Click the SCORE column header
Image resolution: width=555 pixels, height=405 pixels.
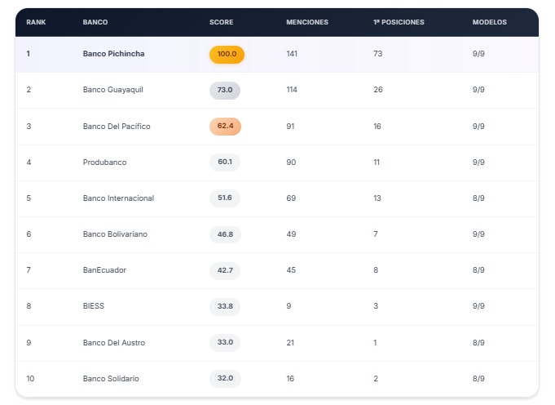pyautogui.click(x=221, y=22)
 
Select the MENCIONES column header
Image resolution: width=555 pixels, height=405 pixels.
pyautogui.click(x=307, y=22)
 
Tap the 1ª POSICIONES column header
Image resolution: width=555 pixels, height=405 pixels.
pyautogui.click(x=399, y=22)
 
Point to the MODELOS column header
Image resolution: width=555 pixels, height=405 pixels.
pyautogui.click(x=490, y=22)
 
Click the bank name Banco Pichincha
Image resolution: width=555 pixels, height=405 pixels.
pyautogui.click(x=115, y=54)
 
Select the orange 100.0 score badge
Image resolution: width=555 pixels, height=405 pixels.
pyautogui.click(x=227, y=54)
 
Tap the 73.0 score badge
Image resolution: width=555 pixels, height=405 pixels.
pyautogui.click(x=225, y=90)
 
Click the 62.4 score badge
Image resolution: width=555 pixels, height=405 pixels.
pyautogui.click(x=225, y=126)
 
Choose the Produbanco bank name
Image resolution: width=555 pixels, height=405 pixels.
pyautogui.click(x=104, y=162)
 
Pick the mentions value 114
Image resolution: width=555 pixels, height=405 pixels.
pyautogui.click(x=293, y=90)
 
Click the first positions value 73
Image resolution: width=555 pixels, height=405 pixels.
pyautogui.click(x=378, y=54)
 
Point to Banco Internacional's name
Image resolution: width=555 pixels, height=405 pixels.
pyautogui.click(x=118, y=198)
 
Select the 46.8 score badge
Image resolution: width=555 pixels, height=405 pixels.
pyautogui.click(x=225, y=234)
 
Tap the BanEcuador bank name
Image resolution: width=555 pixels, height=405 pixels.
pyautogui.click(x=104, y=270)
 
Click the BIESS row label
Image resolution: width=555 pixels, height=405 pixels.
pyautogui.click(x=94, y=306)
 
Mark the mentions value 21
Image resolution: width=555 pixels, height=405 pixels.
pyautogui.click(x=291, y=342)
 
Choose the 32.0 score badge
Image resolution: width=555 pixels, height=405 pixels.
pyautogui.click(x=225, y=378)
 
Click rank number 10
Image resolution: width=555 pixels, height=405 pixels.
pyautogui.click(x=30, y=378)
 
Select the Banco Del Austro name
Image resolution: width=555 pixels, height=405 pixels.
pyautogui.click(x=114, y=342)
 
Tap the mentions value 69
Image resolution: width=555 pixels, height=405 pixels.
pyautogui.click(x=291, y=198)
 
